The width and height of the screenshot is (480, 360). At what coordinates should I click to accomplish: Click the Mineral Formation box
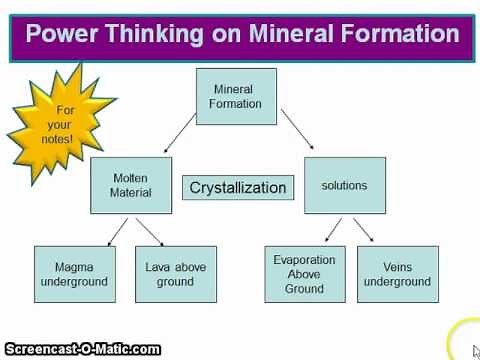tap(235, 96)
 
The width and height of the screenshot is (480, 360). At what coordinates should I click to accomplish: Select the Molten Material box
tap(131, 185)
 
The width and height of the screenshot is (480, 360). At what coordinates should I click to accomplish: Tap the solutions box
tap(344, 185)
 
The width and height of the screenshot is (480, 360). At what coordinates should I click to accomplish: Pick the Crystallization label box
tap(238, 187)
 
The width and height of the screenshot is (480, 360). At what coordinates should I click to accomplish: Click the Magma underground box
tap(74, 274)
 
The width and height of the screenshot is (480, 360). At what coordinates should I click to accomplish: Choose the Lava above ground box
tap(176, 274)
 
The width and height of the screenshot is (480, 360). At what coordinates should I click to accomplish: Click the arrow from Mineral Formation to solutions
tap(300, 132)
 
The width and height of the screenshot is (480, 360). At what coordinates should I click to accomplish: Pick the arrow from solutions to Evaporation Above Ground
tap(324, 229)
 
